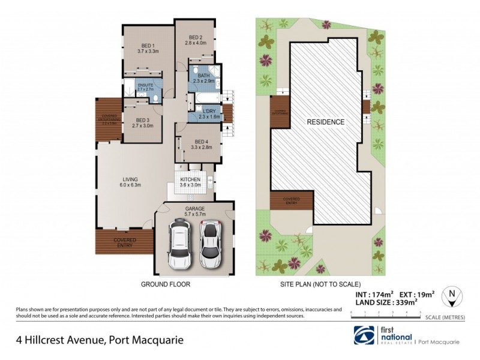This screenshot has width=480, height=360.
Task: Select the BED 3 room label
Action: pos(142,123)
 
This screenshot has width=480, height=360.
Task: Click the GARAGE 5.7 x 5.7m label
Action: pos(194,210)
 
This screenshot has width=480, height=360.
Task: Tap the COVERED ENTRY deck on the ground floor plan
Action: pos(124,241)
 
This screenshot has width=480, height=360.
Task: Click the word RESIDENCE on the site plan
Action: pos(326,122)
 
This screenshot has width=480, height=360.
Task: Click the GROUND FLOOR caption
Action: pos(165,284)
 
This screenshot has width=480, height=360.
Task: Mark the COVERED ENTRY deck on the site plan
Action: pos(292,200)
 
